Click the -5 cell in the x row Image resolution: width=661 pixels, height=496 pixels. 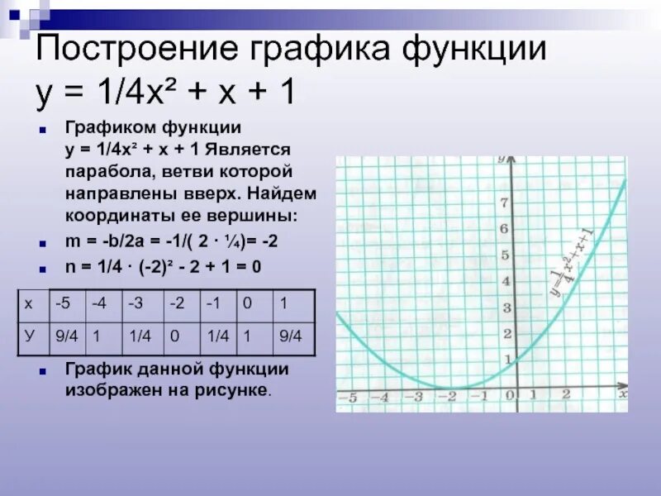(68, 306)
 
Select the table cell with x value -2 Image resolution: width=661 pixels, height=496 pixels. (182, 306)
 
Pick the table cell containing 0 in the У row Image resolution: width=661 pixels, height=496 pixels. (182, 339)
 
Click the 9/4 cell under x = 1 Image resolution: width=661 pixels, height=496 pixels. (294, 339)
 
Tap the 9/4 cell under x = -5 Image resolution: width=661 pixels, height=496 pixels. (68, 339)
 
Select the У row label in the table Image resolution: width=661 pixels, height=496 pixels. (34, 339)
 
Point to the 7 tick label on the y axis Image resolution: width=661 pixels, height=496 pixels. (504, 203)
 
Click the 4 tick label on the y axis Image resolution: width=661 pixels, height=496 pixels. (506, 281)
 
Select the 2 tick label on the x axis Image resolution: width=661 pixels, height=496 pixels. (566, 394)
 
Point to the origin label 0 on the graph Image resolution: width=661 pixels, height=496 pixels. (510, 395)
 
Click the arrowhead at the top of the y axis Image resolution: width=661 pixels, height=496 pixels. (511, 160)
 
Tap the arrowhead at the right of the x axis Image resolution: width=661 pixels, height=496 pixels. (622, 386)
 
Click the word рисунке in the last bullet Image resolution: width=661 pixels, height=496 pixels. (231, 389)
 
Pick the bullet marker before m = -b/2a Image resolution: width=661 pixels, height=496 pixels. (42, 244)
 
